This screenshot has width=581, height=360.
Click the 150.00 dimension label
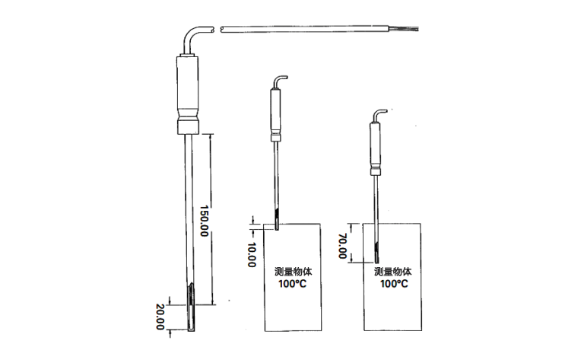pos(204,221)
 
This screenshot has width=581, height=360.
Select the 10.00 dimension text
pos(252,255)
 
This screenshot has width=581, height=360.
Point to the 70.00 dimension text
pos(343,243)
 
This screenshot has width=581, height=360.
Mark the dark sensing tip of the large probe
pos(189,301)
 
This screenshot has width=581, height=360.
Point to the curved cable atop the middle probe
pos(281,79)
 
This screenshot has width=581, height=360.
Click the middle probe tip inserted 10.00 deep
pos(276,223)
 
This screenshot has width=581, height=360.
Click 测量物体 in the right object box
pos(392,271)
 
